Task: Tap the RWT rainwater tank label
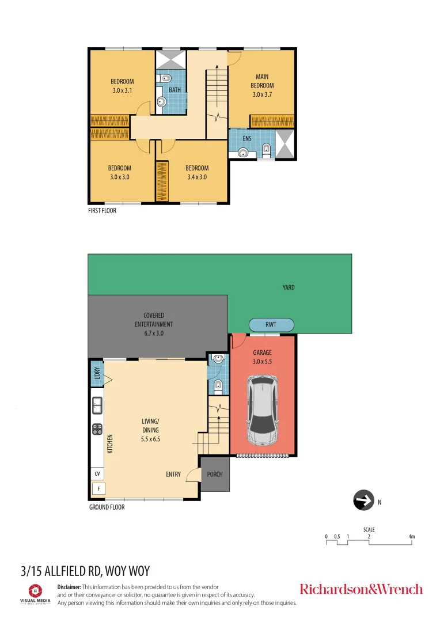pos(271,325)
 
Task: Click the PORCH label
pos(215,474)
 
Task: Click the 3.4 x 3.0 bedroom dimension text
pos(196,177)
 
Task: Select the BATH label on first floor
pos(175,90)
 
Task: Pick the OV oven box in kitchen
pos(97,473)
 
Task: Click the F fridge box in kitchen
pos(98,489)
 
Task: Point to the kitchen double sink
pos(97,405)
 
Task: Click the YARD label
pos(289,287)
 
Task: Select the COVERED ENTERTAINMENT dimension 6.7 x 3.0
pos(154,332)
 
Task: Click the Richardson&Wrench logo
pos(361,589)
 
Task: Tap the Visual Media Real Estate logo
pos(36,593)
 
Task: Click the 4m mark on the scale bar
pos(411,537)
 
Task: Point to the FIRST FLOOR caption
pos(103,211)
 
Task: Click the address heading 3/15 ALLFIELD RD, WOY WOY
pos(85,571)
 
